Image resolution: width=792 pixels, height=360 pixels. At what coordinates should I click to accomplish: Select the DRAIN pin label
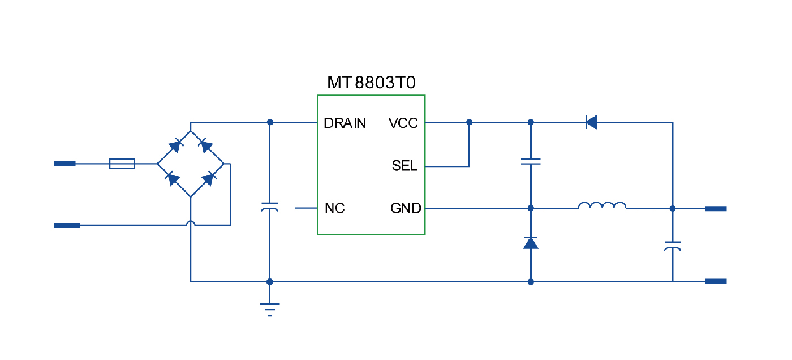[345, 123]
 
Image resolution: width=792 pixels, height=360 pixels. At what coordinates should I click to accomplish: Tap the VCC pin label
[403, 123]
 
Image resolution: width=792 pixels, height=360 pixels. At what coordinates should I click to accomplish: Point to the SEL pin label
[404, 166]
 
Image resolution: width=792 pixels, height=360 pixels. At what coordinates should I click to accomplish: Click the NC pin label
[334, 209]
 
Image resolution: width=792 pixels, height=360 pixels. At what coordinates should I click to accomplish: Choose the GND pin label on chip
[406, 209]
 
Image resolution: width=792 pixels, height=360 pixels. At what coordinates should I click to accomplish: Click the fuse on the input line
[122, 164]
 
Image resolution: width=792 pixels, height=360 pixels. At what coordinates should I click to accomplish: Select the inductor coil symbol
[602, 206]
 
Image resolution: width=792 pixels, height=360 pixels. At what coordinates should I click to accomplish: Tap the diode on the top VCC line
[592, 122]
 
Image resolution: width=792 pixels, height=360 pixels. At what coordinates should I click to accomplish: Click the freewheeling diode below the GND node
[531, 243]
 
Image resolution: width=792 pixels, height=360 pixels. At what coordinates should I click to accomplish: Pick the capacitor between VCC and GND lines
[531, 162]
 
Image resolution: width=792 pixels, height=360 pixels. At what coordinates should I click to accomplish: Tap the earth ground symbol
[270, 308]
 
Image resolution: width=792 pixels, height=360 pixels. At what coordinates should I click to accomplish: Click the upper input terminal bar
[64, 164]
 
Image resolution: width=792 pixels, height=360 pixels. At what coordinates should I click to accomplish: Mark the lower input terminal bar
[67, 225]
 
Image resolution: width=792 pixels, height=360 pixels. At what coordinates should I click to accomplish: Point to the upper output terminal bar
[716, 209]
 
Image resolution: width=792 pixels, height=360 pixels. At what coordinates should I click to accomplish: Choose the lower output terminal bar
[716, 281]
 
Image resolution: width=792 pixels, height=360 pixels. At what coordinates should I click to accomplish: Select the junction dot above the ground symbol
[270, 281]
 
